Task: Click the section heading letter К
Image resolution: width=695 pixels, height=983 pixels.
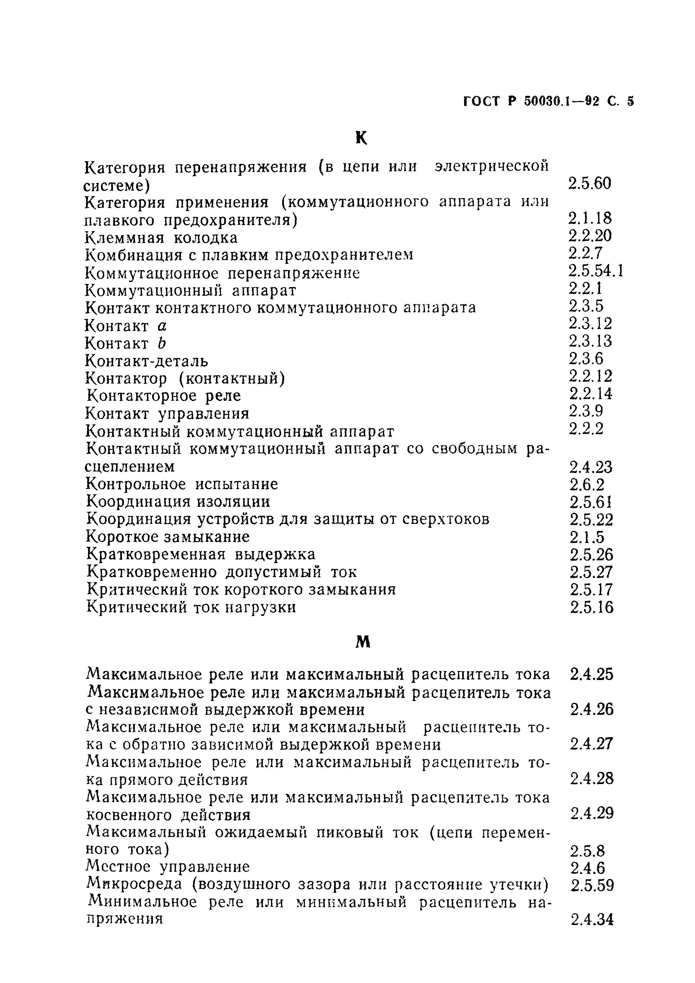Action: [361, 138]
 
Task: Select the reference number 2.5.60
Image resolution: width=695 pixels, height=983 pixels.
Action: [590, 184]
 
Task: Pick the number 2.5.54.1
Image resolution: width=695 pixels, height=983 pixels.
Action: [595, 271]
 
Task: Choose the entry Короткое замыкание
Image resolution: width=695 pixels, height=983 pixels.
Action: [168, 536]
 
